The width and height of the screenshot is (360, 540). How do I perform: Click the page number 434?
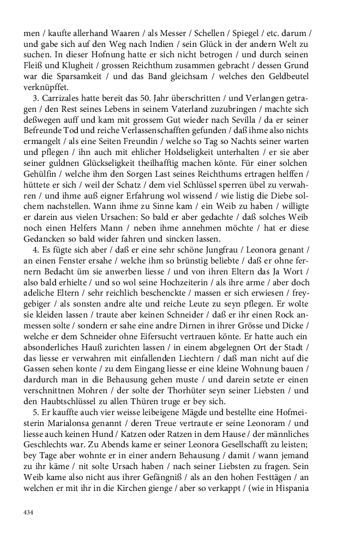click(28, 513)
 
